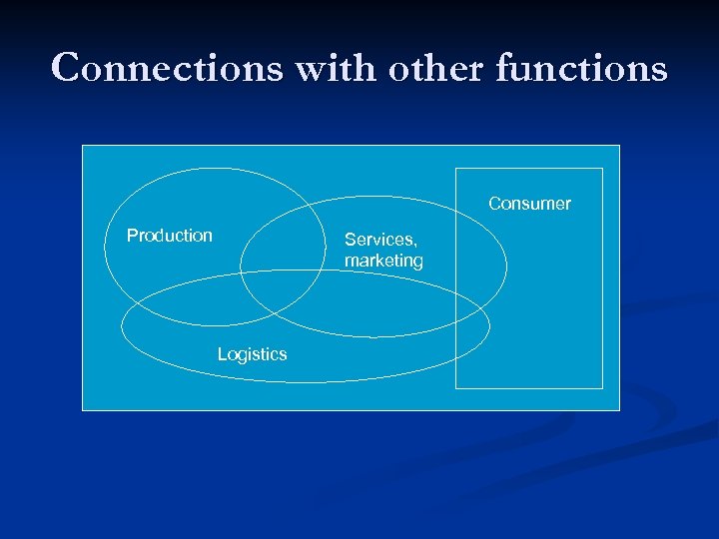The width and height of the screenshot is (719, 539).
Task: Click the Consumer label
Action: [x=529, y=204]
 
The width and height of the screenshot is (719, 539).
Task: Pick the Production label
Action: [x=170, y=236]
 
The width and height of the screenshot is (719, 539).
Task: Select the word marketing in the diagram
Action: [x=383, y=261]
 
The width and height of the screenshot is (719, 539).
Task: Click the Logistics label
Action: [x=252, y=354]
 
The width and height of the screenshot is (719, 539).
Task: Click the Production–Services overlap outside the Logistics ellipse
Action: [x=285, y=240]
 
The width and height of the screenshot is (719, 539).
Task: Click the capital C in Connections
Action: [x=66, y=69]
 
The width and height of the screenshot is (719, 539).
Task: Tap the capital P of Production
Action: [x=132, y=236]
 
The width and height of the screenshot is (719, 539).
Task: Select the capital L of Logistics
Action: [x=222, y=354]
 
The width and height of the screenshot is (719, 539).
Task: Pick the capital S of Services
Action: [x=351, y=240]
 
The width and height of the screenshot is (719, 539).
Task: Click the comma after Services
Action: [x=414, y=245]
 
